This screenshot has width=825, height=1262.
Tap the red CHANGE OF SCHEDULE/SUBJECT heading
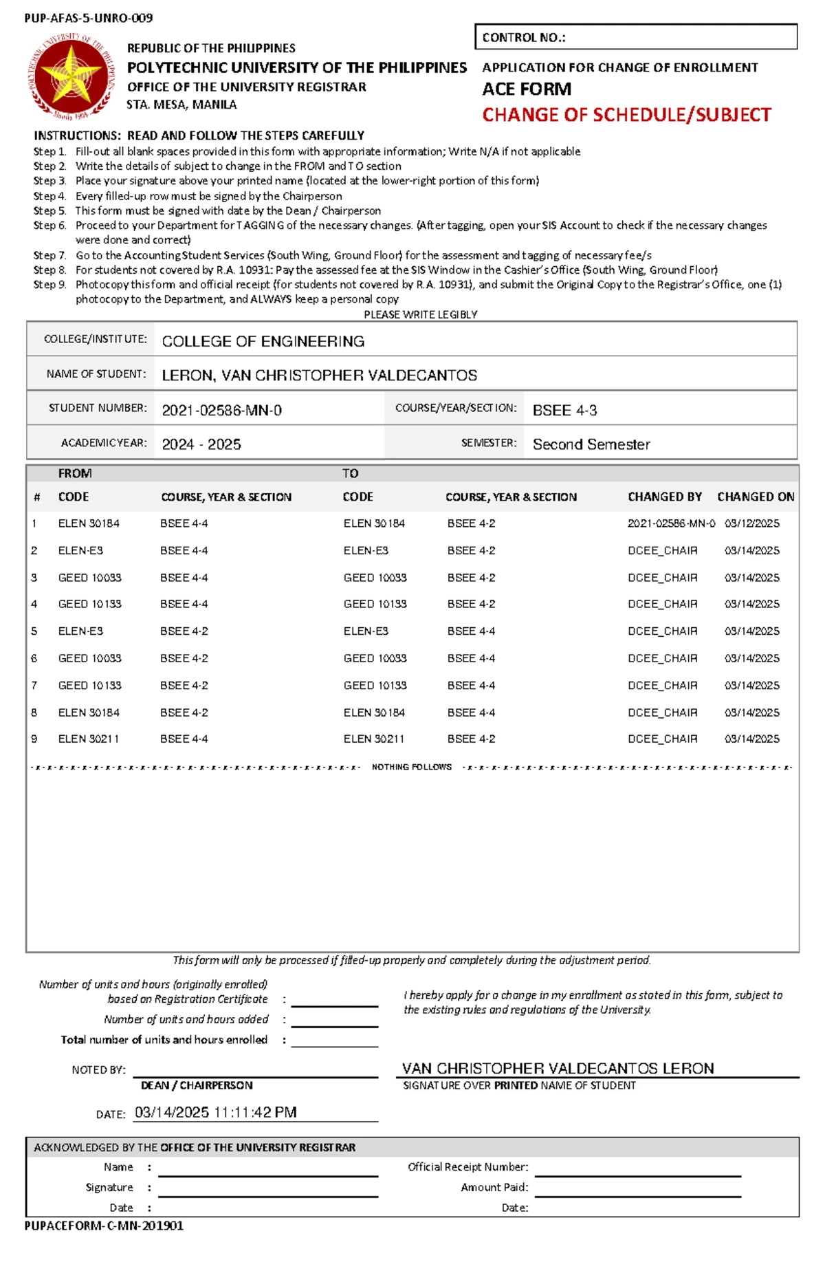point(626,115)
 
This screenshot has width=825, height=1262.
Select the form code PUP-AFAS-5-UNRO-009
point(88,18)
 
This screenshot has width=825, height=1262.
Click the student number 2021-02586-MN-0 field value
point(221,411)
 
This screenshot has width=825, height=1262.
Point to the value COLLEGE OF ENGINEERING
point(263,341)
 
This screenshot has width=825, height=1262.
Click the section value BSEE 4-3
point(564,411)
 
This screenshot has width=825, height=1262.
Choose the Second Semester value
point(591,444)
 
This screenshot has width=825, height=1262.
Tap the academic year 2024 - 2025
point(201,444)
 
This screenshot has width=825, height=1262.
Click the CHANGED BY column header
point(664,497)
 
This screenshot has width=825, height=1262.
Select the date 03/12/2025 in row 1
point(751,523)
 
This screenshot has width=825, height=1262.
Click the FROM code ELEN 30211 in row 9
point(88,739)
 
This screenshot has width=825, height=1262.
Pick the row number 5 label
point(34,631)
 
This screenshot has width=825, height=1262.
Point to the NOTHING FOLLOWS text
point(411,767)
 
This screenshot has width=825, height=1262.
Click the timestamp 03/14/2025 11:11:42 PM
point(215,1112)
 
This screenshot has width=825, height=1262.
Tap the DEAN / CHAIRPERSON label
point(197,1085)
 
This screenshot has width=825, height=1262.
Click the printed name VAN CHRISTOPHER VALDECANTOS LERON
point(558,1068)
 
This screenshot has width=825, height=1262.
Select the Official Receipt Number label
point(467,1166)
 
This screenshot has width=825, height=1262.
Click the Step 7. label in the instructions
point(49,255)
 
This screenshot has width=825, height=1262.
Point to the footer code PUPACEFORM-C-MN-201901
point(104,1226)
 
